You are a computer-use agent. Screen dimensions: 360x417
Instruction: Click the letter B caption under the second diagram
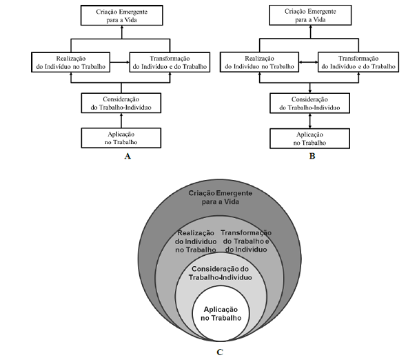point(312,157)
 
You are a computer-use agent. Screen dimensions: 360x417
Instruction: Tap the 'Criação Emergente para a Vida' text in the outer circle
point(220,198)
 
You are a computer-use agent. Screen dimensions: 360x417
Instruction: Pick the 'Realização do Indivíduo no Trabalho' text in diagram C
point(196,241)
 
